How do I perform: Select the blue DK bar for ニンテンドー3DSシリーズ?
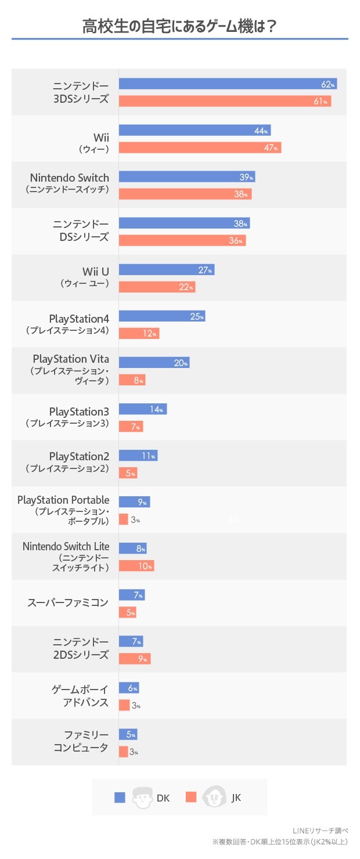228,84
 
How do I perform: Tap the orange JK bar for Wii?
200,147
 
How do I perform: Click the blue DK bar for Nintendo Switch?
187,177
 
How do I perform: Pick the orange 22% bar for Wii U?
157,287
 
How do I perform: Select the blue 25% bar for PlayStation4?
162,316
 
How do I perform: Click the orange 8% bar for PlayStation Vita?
132,380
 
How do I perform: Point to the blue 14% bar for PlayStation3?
143,409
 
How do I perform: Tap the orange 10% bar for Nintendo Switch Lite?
136,566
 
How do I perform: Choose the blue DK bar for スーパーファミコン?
132,595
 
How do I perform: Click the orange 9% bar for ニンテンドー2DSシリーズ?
135,658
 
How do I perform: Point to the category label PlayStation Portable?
63,500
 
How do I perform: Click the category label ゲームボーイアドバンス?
80,695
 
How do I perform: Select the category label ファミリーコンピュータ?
80,742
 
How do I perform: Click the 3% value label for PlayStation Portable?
135,520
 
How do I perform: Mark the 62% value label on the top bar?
328,85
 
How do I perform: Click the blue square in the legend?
120,797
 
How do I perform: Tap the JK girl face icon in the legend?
214,797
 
